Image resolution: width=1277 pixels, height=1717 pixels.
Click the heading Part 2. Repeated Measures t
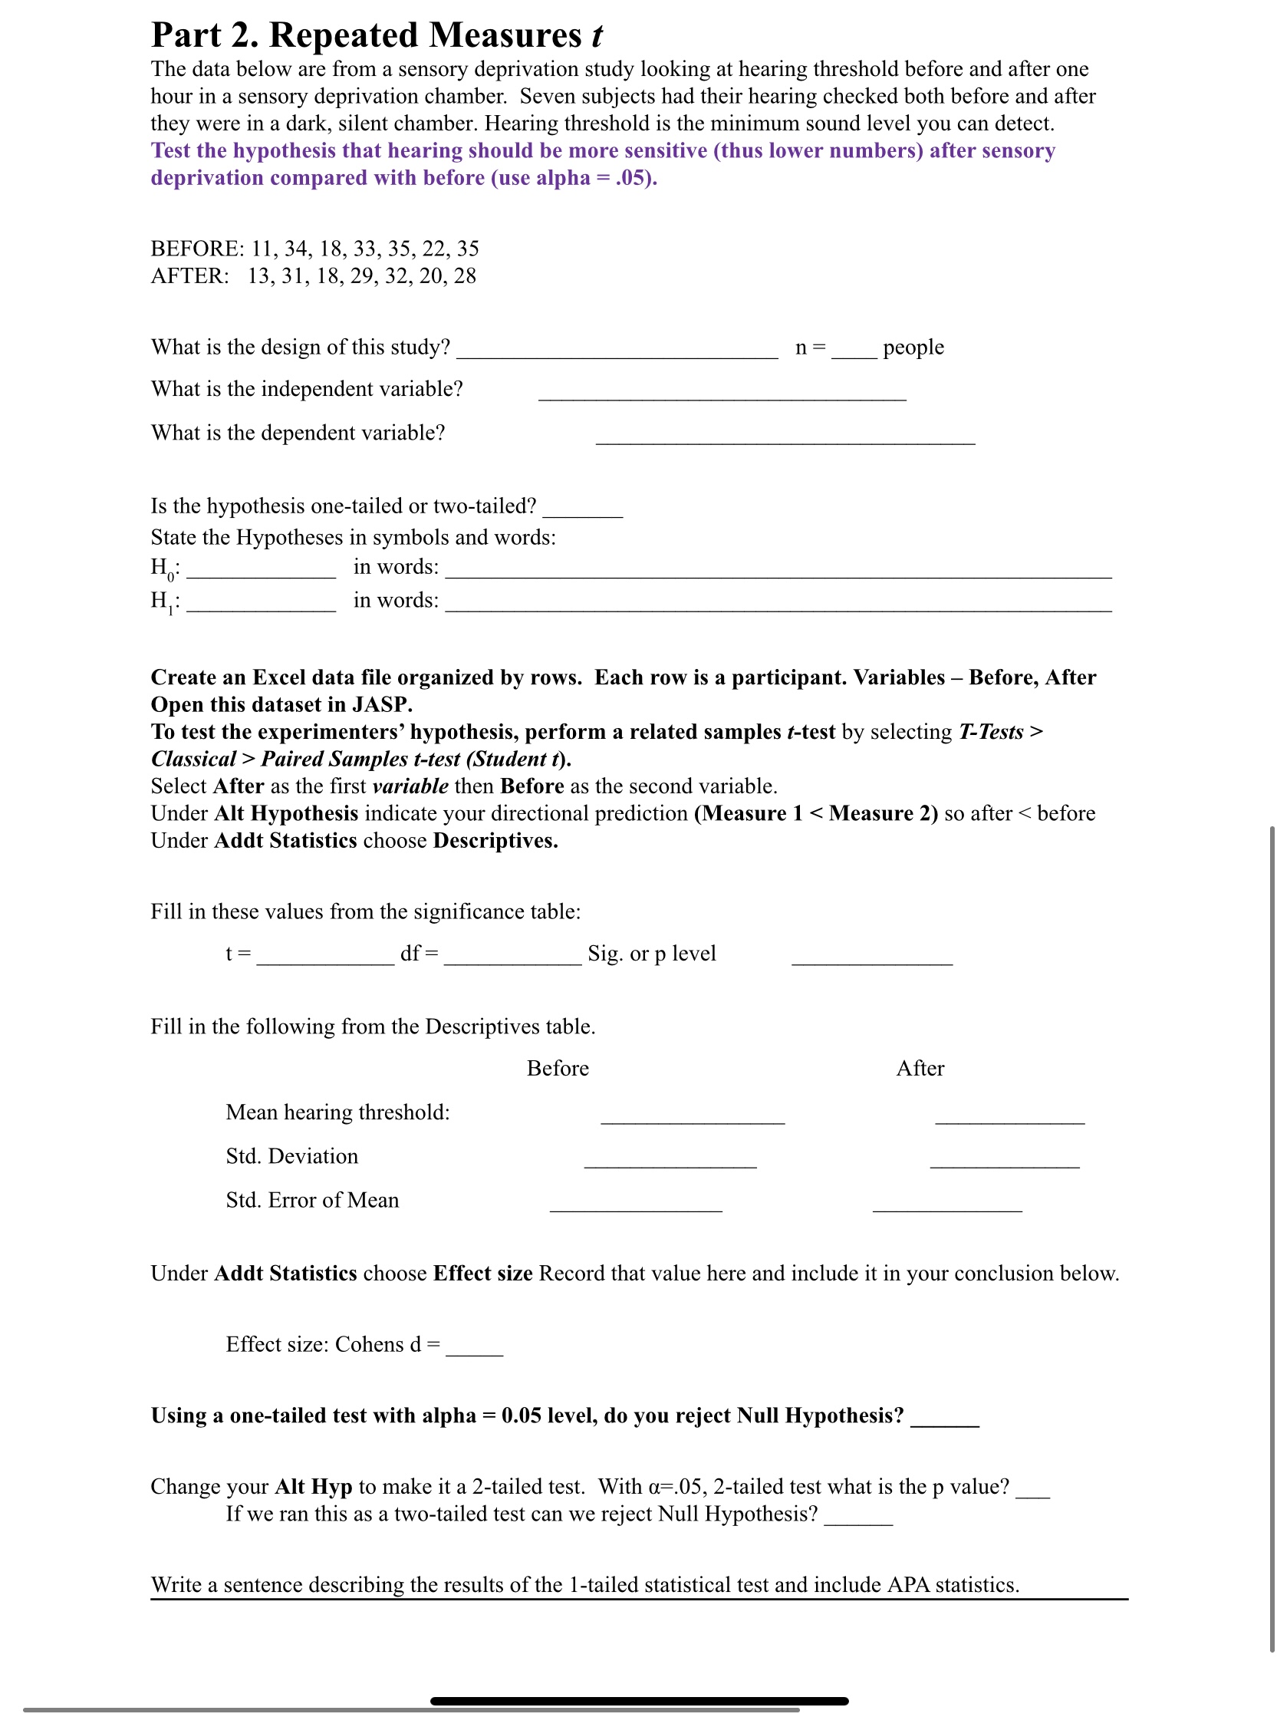(376, 35)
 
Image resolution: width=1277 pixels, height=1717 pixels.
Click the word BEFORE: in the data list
(197, 249)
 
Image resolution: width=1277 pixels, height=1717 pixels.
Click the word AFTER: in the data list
(190, 276)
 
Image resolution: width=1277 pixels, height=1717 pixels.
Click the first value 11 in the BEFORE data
(262, 249)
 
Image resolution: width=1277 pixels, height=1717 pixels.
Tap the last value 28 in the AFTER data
(465, 276)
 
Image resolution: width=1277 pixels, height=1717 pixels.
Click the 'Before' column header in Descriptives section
(558, 1069)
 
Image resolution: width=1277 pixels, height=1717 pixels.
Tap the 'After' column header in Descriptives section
(920, 1069)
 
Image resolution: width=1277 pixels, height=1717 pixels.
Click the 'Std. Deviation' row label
(292, 1156)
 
